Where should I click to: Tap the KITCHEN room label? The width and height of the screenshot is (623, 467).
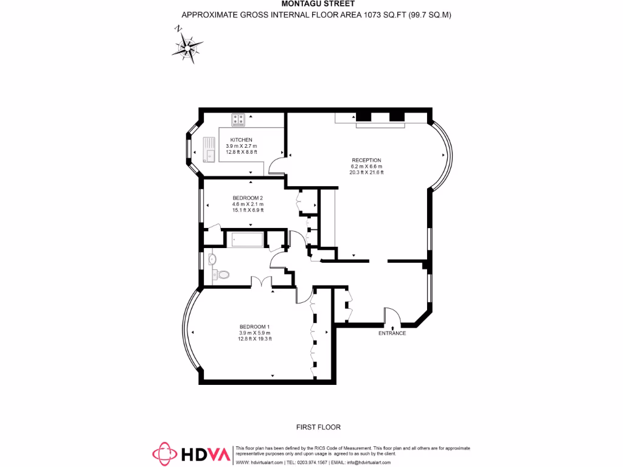point(241,140)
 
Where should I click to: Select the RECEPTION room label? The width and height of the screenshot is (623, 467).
point(366,160)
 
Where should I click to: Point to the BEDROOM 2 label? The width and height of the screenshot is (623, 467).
point(248,198)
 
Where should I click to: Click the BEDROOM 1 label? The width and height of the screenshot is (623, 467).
point(254,327)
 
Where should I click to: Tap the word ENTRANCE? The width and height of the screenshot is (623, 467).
point(392,333)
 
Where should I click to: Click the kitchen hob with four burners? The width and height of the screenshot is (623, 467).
point(237,119)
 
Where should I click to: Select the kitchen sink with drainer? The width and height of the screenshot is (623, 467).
point(209,149)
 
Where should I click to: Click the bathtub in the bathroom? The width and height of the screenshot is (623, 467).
point(246,239)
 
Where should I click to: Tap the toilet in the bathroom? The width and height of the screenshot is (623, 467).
point(223,275)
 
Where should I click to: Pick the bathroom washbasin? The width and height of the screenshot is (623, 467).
point(212,260)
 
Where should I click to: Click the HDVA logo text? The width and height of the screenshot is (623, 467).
point(204,454)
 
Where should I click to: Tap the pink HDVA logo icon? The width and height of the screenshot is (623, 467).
point(164,454)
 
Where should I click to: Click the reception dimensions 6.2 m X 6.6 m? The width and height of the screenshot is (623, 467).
point(366,166)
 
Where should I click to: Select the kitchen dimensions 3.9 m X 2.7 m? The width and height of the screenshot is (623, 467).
point(241,146)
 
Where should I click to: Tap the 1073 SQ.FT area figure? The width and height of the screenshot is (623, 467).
point(377,15)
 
